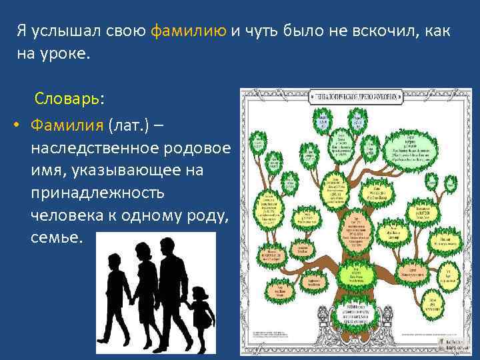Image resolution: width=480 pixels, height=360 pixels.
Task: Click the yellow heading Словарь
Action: (x=69, y=98)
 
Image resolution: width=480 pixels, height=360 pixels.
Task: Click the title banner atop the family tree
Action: (x=357, y=97)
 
